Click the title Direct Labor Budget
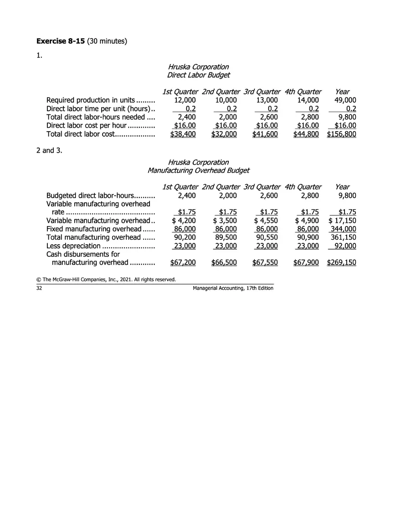point(198,75)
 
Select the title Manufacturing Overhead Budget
point(198,170)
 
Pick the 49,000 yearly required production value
point(345,100)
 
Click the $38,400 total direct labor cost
point(183,134)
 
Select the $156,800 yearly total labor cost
point(341,134)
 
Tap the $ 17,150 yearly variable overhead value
point(342,221)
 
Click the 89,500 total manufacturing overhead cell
point(226,237)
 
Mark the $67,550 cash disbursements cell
point(266,262)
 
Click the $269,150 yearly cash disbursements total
point(341,262)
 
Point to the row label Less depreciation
point(73,246)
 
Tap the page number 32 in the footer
point(39,288)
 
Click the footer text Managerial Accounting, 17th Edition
point(233,288)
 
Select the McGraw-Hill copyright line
point(106,279)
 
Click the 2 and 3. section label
point(49,150)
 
